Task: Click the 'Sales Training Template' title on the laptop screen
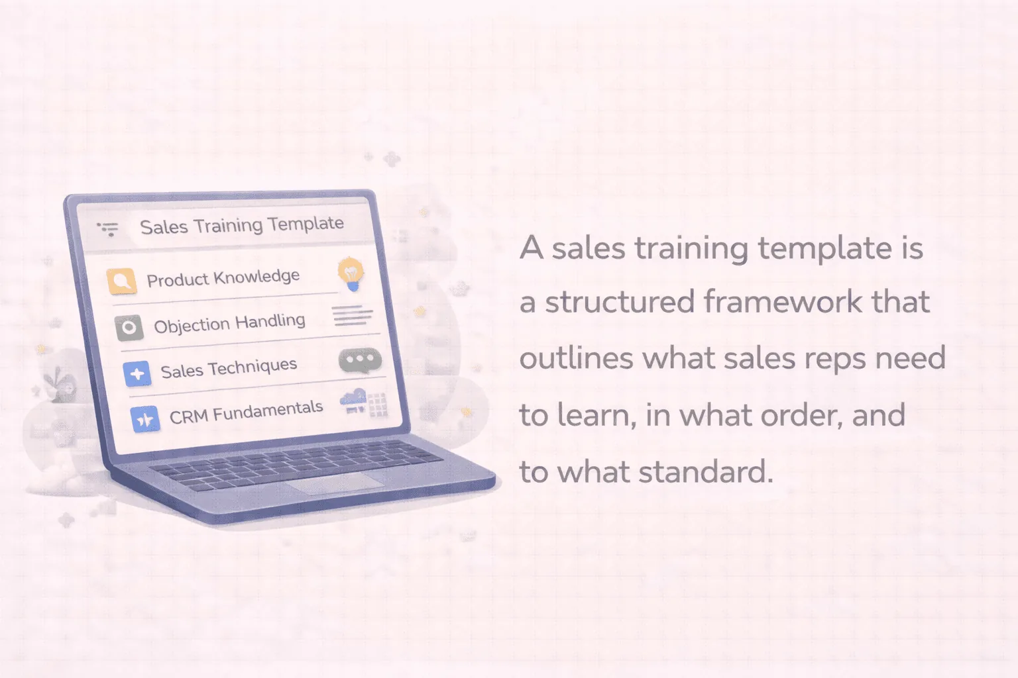tap(242, 226)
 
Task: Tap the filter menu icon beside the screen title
tap(108, 229)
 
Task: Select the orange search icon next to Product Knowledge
tap(121, 281)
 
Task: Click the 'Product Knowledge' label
tap(223, 278)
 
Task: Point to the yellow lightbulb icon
tap(351, 274)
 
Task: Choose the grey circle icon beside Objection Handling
tap(129, 328)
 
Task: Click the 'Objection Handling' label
tap(229, 323)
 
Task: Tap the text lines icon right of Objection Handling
tap(352, 315)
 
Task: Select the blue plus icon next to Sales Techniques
tap(137, 373)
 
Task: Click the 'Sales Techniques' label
tap(229, 368)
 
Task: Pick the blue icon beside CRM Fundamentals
tap(145, 418)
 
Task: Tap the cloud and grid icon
tap(364, 403)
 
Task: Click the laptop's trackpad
tap(335, 482)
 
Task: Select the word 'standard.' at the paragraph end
tap(706, 472)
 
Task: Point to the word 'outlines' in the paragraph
tap(576, 358)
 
